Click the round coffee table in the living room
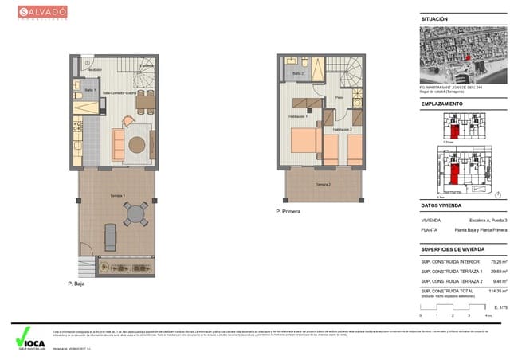point(137,145)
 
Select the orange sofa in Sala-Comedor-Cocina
point(118,145)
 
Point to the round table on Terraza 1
point(135,213)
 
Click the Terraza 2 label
point(322,184)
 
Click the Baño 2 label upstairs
point(298,73)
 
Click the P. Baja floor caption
point(76,282)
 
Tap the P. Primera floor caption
point(292,211)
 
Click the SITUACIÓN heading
point(434,18)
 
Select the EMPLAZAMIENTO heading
point(441,104)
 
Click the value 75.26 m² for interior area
point(498,261)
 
